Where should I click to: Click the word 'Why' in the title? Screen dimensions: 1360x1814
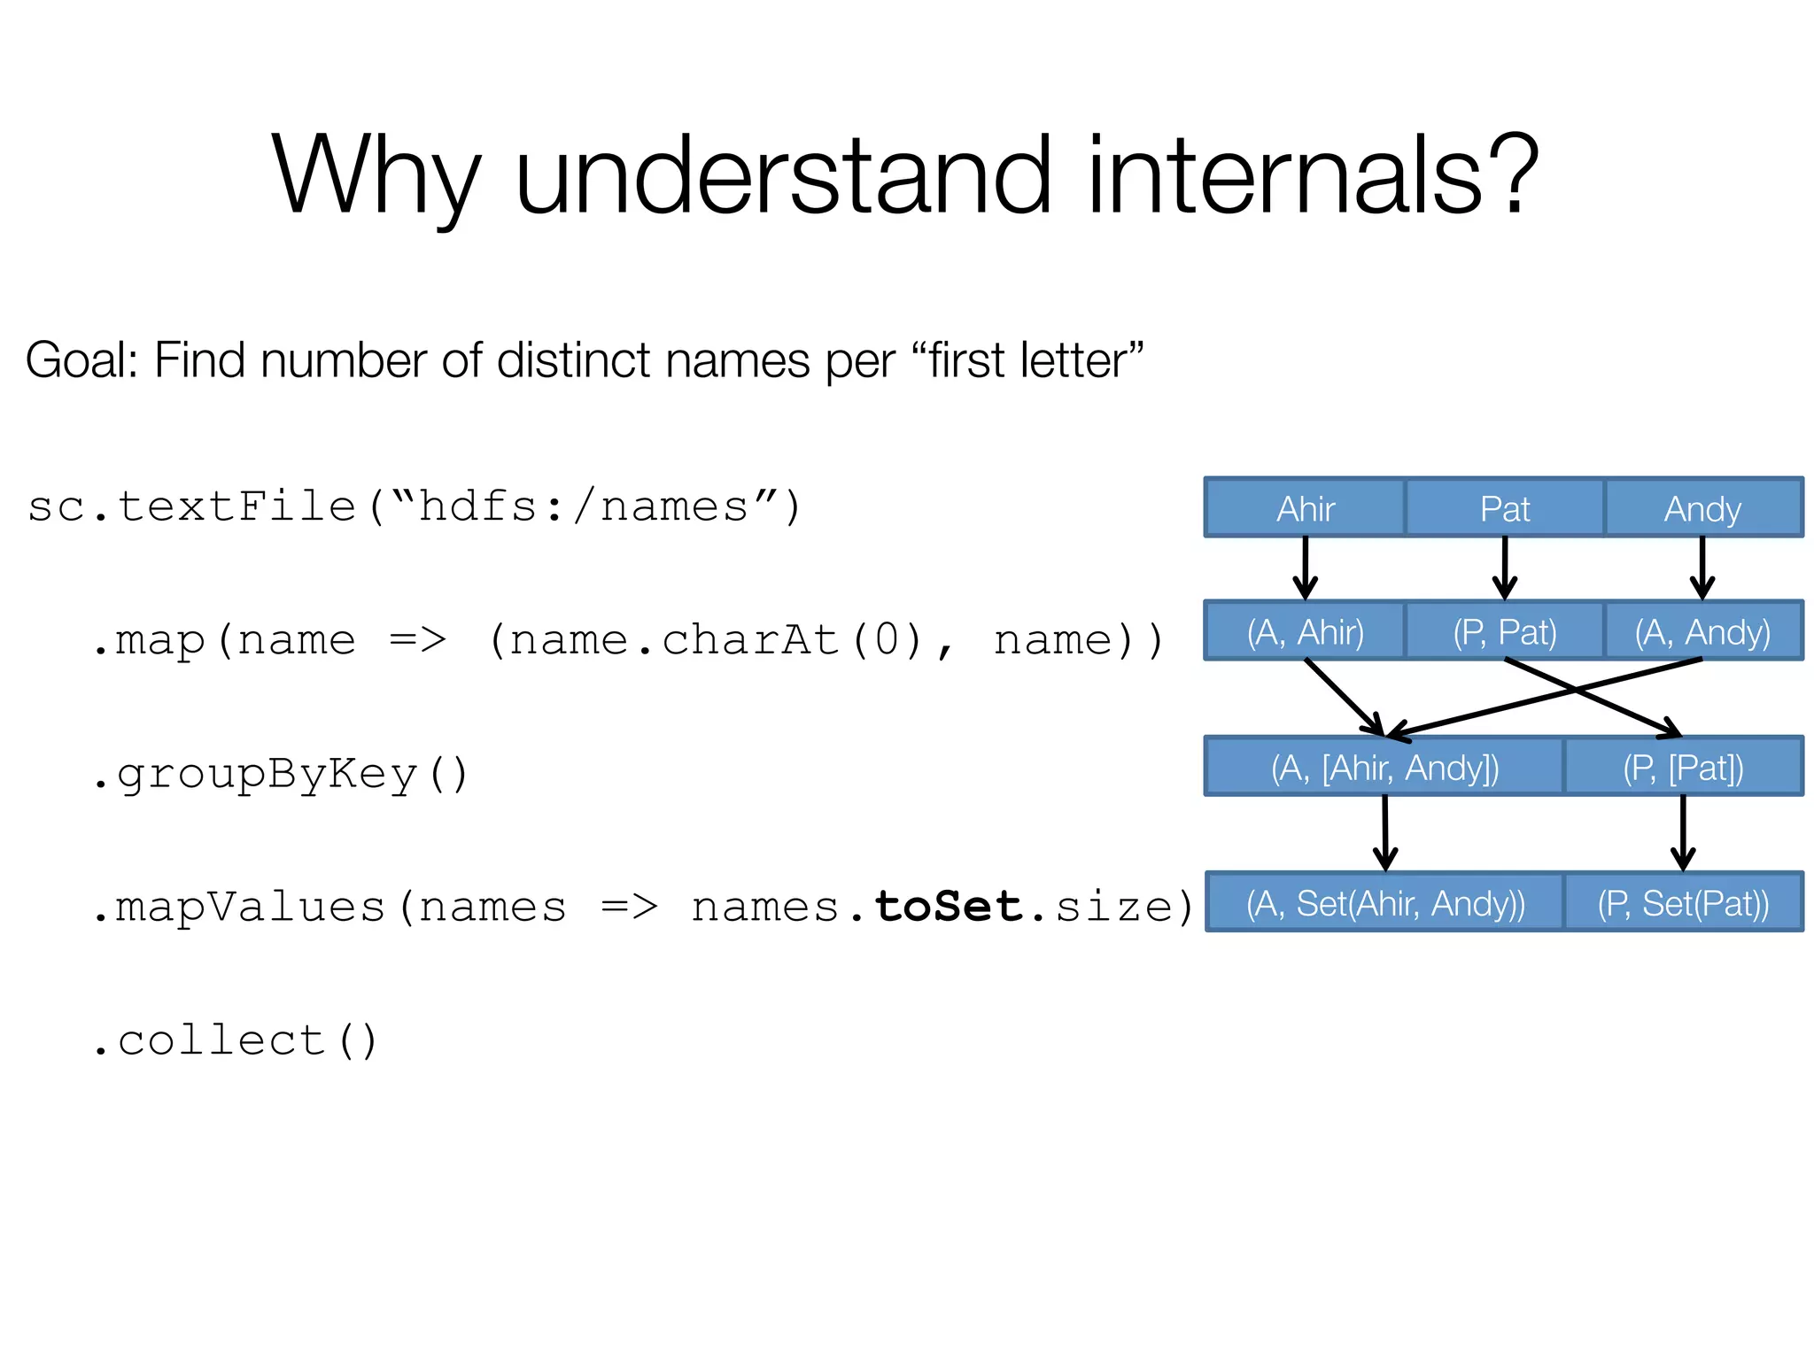(x=376, y=177)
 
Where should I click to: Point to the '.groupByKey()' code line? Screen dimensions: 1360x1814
(x=279, y=774)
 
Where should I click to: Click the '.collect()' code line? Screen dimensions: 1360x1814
(x=235, y=1040)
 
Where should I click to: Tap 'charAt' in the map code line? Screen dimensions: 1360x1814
(x=751, y=639)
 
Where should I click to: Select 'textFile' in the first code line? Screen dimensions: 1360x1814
(x=236, y=506)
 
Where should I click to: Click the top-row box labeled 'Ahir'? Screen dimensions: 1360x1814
(x=1305, y=508)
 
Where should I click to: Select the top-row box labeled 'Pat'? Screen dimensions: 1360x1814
(x=1504, y=508)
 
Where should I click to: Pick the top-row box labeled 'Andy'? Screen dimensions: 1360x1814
(x=1702, y=508)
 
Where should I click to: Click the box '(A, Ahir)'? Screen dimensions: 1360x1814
(x=1305, y=631)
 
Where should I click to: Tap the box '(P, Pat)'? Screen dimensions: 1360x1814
(x=1504, y=631)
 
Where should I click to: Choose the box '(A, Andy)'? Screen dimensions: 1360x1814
(x=1702, y=631)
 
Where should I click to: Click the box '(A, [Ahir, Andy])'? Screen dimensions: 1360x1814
(x=1384, y=767)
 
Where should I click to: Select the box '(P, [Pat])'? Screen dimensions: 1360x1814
(x=1683, y=767)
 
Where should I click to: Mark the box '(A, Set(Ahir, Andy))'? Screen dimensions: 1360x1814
(x=1384, y=902)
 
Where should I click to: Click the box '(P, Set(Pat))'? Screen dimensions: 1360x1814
(x=1683, y=902)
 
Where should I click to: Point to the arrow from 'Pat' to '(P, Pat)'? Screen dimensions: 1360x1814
(x=1504, y=567)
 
